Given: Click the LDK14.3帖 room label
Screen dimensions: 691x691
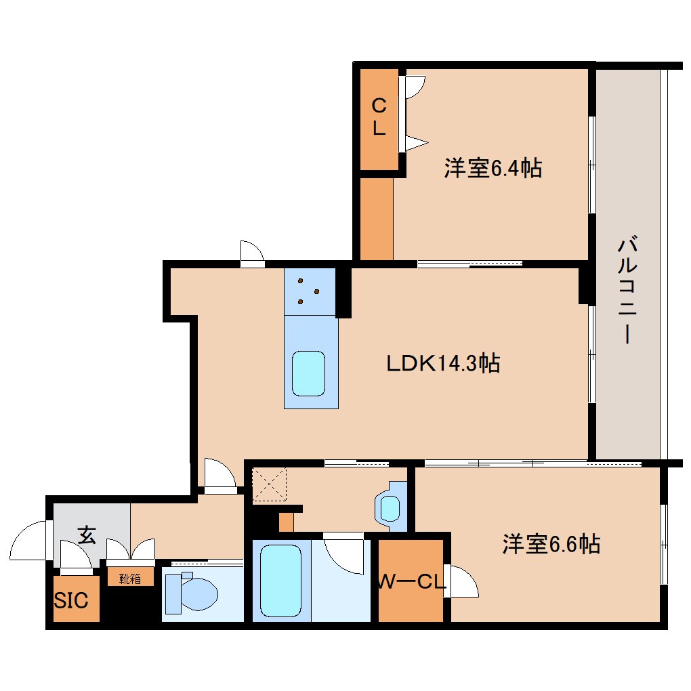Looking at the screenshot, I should (x=443, y=364).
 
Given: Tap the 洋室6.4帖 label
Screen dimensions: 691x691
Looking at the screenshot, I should (x=493, y=167).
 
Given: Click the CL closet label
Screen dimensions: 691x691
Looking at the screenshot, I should (x=379, y=117).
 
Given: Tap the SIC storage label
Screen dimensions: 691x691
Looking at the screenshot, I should (x=71, y=600).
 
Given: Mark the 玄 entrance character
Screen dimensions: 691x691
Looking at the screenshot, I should (x=86, y=535).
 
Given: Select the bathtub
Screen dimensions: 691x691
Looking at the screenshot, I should (x=280, y=581).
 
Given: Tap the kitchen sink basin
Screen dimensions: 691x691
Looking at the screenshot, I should (x=309, y=374).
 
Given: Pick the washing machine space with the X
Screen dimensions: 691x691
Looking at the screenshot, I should (x=270, y=485).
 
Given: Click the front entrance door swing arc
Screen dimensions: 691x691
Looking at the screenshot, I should (x=28, y=540).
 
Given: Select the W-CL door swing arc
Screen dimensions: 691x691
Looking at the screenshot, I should (x=462, y=581).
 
